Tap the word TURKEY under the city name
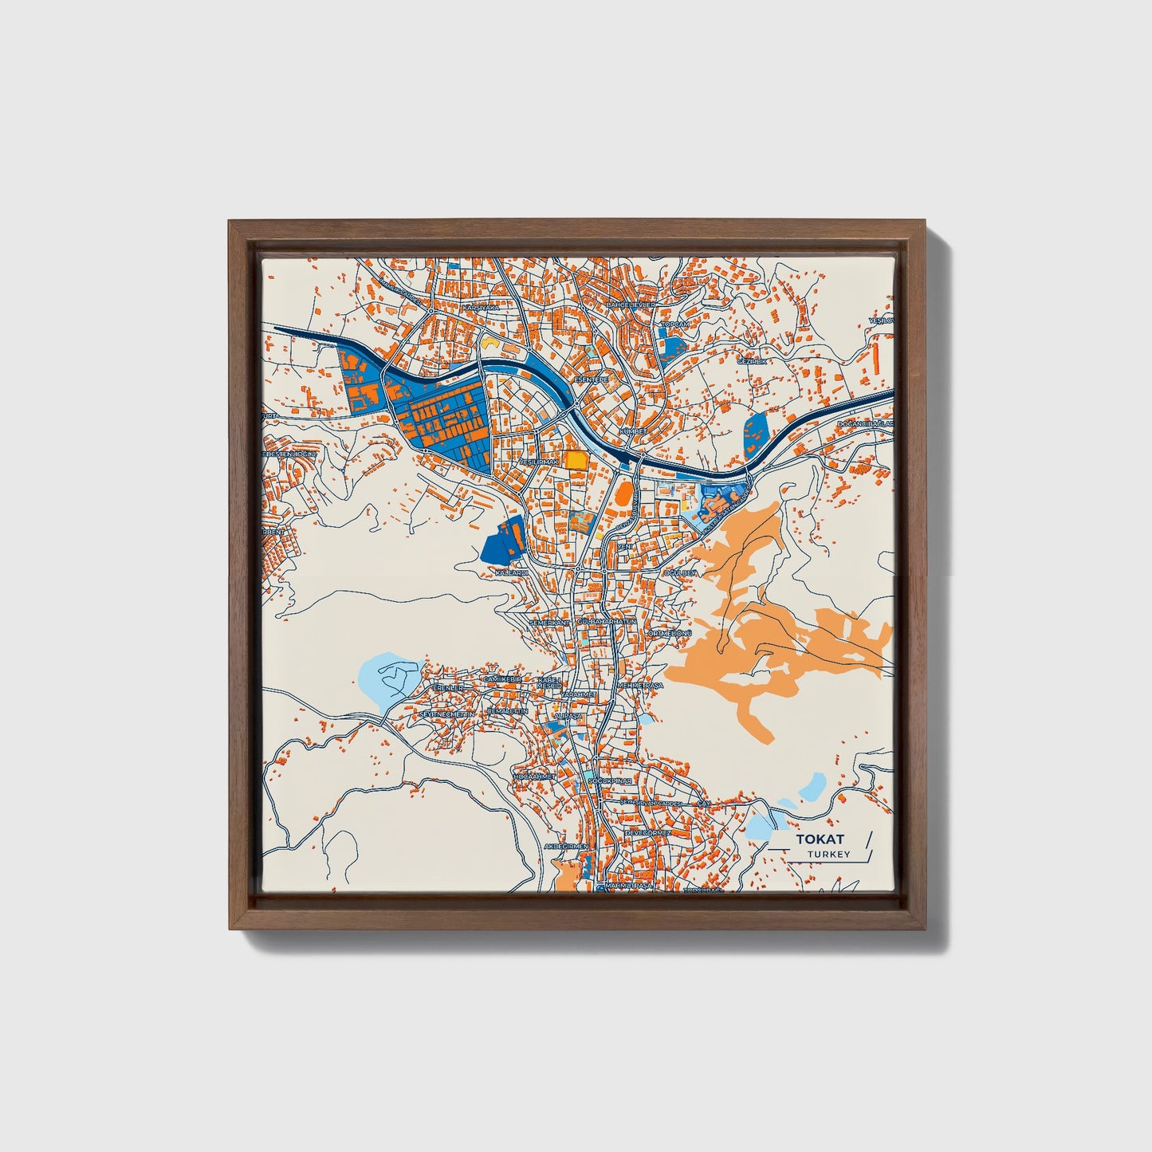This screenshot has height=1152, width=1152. coord(828,855)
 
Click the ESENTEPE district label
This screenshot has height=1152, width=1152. coord(591,380)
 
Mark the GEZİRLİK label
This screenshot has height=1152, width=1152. coord(751,361)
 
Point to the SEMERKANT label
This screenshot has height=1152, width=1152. coord(550,621)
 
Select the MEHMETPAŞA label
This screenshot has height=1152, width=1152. coord(641,685)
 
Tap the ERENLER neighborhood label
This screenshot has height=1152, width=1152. coord(446,687)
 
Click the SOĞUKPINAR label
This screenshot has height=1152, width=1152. coord(612,782)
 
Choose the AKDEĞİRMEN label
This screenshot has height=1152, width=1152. coord(565,845)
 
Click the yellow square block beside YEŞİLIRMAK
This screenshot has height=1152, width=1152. coord(575,460)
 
